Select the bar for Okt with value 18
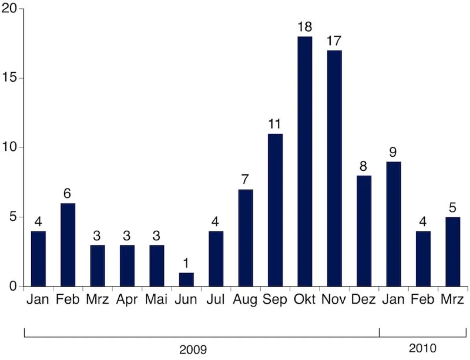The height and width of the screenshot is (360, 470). click(305, 162)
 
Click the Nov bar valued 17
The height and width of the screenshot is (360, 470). click(334, 168)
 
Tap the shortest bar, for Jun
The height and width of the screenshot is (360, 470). click(186, 280)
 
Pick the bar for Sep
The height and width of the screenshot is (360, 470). click(275, 210)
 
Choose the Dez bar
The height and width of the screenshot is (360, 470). click(364, 231)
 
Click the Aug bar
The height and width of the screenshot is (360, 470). click(245, 238)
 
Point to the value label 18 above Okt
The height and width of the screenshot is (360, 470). click(305, 28)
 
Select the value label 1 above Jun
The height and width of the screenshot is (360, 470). click(187, 264)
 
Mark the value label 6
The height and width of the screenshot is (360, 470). click(68, 194)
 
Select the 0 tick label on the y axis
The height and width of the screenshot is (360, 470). click(13, 286)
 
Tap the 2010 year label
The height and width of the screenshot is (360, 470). click(422, 348)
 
